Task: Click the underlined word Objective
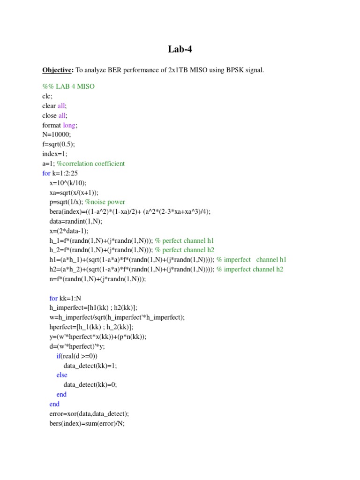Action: click(58, 70)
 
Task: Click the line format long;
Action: click(60, 125)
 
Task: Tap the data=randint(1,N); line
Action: click(75, 221)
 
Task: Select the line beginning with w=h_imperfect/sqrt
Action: click(117, 317)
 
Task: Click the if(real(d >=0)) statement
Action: click(77, 356)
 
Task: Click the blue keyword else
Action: click(62, 375)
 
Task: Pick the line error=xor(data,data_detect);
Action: click(89, 413)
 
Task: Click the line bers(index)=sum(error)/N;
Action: click(87, 423)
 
